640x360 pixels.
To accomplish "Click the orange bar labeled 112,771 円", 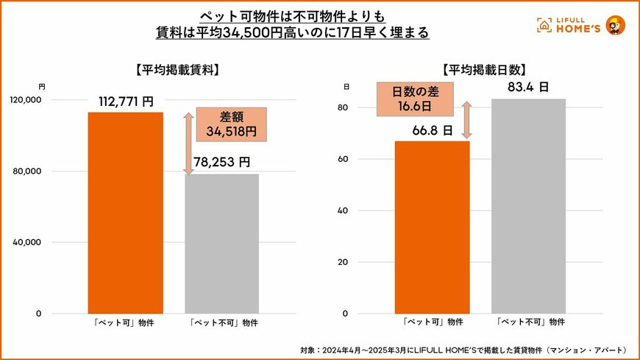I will tap(126, 213).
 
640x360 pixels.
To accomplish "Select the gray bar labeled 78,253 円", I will tap(221, 244).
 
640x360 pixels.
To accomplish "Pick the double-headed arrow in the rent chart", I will tap(188, 144).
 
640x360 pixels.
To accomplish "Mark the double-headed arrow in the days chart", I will tap(466, 119).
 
